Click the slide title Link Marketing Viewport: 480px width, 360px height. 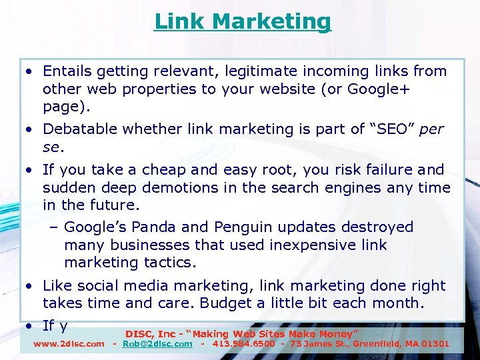(x=242, y=21)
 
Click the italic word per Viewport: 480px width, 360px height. (x=432, y=129)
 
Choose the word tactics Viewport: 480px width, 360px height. (x=170, y=262)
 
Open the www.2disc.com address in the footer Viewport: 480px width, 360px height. (x=69, y=344)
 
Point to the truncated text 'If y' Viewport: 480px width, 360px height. (x=55, y=326)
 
